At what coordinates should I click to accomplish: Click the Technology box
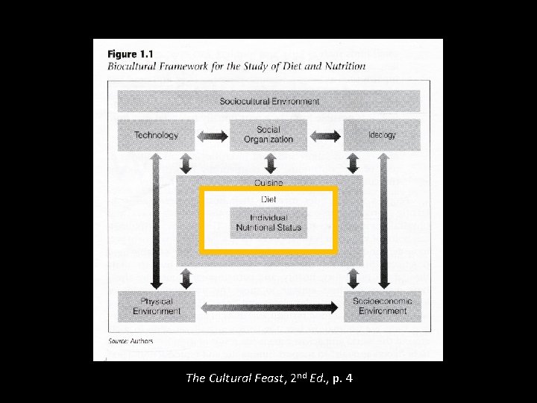click(156, 135)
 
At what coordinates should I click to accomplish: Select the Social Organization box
click(268, 135)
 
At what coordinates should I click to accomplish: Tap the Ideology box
click(382, 135)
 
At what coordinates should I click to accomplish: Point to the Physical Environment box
click(157, 306)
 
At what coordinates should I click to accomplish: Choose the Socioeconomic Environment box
click(382, 306)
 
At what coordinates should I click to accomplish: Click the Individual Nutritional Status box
click(268, 222)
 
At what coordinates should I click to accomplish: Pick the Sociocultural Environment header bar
click(268, 101)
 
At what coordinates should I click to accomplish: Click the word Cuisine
click(268, 183)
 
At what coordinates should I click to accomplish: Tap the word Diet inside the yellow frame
click(268, 199)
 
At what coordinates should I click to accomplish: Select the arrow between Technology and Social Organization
click(213, 136)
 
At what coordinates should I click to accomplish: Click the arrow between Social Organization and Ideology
click(325, 136)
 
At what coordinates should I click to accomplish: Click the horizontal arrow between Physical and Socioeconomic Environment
click(269, 306)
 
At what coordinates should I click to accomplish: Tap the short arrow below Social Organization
click(269, 162)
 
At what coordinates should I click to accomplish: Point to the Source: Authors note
click(131, 341)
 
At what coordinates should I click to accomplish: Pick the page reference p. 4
click(342, 378)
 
